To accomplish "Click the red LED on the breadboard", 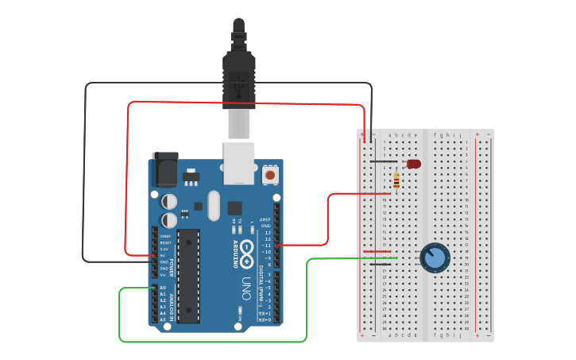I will (413, 164).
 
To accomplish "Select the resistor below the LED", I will (396, 181).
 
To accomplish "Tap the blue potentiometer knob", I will (435, 257).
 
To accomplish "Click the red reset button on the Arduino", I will (270, 174).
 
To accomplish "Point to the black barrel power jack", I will (164, 168).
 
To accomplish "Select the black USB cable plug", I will (239, 75).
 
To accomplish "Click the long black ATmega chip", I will (189, 275).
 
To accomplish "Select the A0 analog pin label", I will (163, 288).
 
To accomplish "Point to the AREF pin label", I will (265, 219).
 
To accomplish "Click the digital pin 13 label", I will (268, 232).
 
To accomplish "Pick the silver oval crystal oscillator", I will (213, 205).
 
